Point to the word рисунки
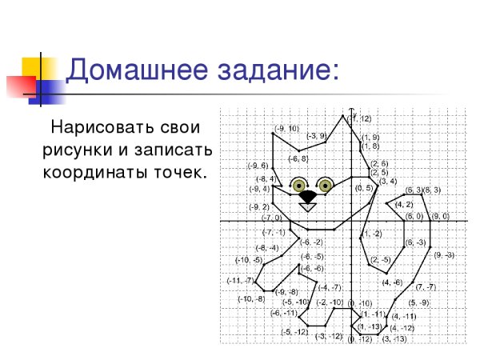pyautogui.click(x=80, y=150)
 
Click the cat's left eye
pyautogui.click(x=299, y=183)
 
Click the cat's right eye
pyautogui.click(x=325, y=183)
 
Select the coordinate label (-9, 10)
pyautogui.click(x=286, y=128)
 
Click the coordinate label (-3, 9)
pyautogui.click(x=317, y=136)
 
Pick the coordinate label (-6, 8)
pyautogui.click(x=298, y=158)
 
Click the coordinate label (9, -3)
pyautogui.click(x=443, y=254)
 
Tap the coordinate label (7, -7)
pyautogui.click(x=425, y=286)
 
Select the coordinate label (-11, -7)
pyautogui.click(x=239, y=280)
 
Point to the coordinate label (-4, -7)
pyautogui.click(x=330, y=287)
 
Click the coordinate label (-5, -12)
pyautogui.click(x=294, y=331)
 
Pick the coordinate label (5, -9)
pyautogui.click(x=418, y=302)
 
